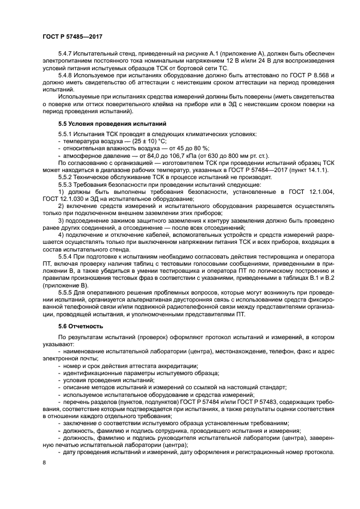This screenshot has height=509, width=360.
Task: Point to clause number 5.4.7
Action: [66, 53]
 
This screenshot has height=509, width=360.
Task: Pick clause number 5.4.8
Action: [66, 74]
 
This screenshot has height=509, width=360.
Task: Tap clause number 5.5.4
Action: [66, 254]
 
